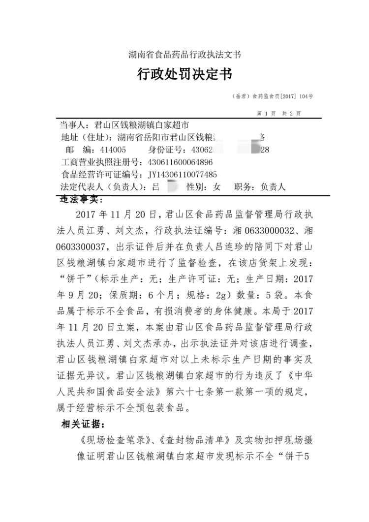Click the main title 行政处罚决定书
pyautogui.click(x=184, y=74)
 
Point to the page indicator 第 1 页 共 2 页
pyautogui.click(x=279, y=113)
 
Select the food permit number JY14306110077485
pyautogui.click(x=183, y=174)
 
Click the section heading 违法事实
pyautogui.click(x=78, y=200)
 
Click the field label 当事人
pyautogui.click(x=73, y=125)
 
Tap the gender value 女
pyautogui.click(x=216, y=187)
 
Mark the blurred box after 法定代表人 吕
pyautogui.click(x=172, y=187)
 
